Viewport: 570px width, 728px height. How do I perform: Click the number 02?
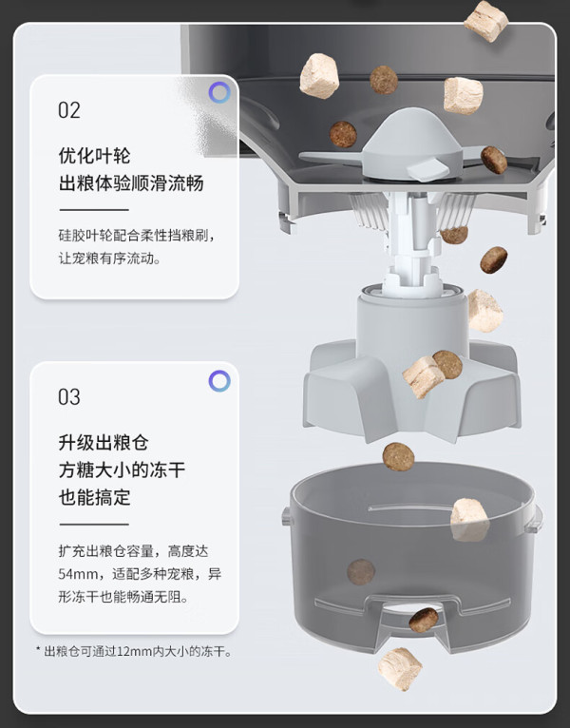click(x=69, y=110)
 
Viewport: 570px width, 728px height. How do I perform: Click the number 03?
click(x=69, y=397)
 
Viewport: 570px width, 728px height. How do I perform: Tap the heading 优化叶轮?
click(x=94, y=156)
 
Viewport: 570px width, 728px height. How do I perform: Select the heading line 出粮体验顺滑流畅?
click(x=131, y=182)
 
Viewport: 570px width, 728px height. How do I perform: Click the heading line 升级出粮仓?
click(x=104, y=443)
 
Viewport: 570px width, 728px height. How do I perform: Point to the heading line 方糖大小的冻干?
click(x=122, y=469)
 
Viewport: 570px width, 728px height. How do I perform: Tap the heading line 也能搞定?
click(x=94, y=497)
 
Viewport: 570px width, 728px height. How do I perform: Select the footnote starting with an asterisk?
click(x=134, y=651)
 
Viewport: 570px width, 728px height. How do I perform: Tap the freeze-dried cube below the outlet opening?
click(x=400, y=669)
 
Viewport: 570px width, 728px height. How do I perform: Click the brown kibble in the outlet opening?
click(x=424, y=620)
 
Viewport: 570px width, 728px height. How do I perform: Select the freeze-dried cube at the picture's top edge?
click(x=486, y=20)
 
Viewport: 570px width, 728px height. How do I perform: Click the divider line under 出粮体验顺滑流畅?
click(x=94, y=210)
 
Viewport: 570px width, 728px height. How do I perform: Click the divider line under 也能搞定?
click(x=94, y=525)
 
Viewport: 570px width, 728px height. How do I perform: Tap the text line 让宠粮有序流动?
click(x=109, y=259)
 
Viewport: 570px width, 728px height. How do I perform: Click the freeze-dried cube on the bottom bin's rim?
click(x=469, y=520)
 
